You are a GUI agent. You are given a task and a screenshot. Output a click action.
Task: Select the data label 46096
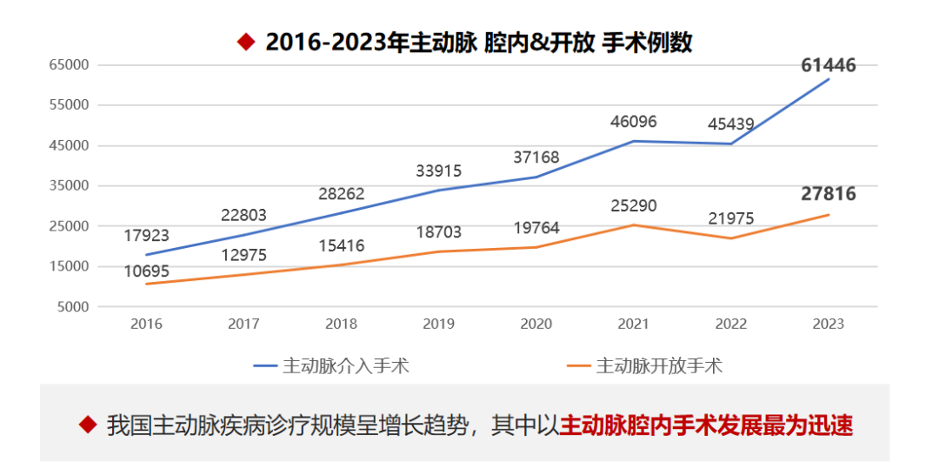(632, 121)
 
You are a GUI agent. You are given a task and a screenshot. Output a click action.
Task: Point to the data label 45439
(730, 124)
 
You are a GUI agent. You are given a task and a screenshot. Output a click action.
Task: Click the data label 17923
(145, 235)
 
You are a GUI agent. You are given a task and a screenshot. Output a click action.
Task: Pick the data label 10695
(145, 271)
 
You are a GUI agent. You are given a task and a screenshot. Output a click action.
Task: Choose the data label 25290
(632, 206)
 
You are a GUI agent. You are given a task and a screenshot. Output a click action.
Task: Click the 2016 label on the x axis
(146, 324)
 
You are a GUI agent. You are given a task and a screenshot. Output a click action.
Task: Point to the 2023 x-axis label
(828, 324)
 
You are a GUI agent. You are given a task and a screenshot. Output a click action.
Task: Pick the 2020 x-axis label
(536, 324)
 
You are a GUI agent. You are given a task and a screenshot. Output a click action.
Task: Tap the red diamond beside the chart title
(246, 41)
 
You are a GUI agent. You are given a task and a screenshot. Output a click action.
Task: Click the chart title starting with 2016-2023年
(479, 42)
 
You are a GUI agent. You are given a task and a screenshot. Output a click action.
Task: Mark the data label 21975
(730, 218)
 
